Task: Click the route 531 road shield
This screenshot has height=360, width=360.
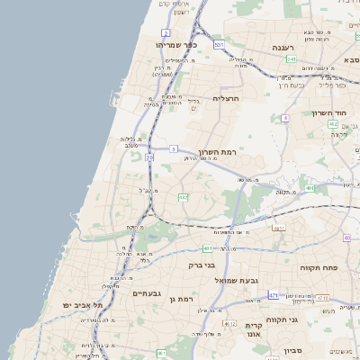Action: click(219, 43)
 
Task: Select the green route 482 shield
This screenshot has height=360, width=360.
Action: click(333, 123)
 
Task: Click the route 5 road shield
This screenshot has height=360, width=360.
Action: click(173, 148)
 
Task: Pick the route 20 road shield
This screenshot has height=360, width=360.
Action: click(149, 157)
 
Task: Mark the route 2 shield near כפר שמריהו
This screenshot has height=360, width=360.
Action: click(166, 32)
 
